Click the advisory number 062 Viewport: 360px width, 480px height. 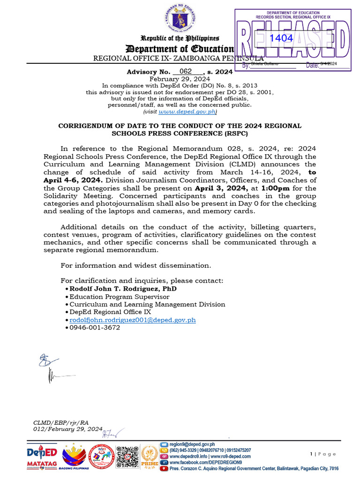click(186, 72)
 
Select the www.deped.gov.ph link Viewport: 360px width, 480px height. click(187, 112)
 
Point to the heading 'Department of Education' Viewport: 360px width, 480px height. click(179, 49)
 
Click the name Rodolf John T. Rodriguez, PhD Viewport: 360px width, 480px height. click(123, 289)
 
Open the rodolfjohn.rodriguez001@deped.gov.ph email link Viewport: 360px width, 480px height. click(132, 320)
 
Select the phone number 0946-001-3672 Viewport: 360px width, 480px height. click(95, 328)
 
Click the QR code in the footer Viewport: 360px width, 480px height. click(127, 457)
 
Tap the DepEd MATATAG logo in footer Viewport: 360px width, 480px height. click(42, 457)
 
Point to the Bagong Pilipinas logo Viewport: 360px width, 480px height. click(74, 457)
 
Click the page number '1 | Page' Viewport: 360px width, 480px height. click(323, 454)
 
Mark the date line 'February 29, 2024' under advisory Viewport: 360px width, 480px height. click(180, 79)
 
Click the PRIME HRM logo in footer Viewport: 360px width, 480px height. click(150, 457)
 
